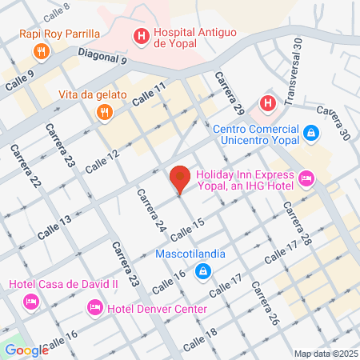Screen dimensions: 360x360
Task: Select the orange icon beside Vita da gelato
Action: click(x=103, y=113)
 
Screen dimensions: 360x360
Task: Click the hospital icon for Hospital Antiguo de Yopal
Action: click(x=141, y=36)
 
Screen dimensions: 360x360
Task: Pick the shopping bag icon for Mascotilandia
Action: click(x=203, y=272)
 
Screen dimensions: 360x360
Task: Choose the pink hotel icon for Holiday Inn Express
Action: click(x=305, y=177)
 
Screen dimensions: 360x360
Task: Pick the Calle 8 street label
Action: click(x=57, y=10)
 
